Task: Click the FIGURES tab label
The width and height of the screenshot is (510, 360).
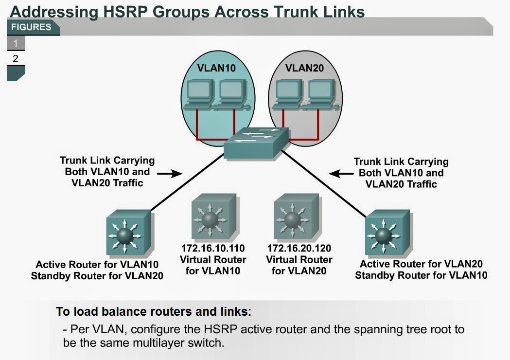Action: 31,27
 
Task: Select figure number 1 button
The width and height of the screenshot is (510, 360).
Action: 16,44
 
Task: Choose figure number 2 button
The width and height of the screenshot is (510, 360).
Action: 16,59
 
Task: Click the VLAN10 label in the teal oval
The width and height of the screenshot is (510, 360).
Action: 217,68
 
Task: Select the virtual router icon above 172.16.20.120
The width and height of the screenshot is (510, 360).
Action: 296,217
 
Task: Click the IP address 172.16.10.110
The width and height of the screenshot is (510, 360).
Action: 213,249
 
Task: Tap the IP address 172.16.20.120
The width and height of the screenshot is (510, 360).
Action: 299,249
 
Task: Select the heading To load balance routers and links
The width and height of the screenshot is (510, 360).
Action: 154,311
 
